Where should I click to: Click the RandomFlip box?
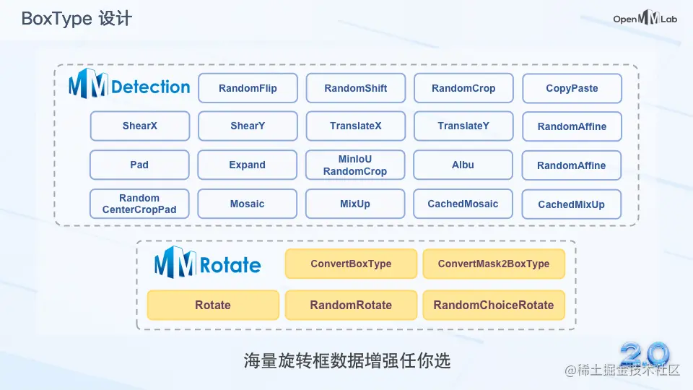pyautogui.click(x=248, y=88)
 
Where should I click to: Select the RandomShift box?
pyautogui.click(x=355, y=88)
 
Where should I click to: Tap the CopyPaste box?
pyautogui.click(x=572, y=89)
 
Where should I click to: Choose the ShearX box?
pyautogui.click(x=139, y=126)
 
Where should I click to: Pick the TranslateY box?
pyautogui.click(x=463, y=126)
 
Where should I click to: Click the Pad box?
pyautogui.click(x=139, y=165)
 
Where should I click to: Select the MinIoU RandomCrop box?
pyautogui.click(x=355, y=165)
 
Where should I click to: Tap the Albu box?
pyautogui.click(x=463, y=165)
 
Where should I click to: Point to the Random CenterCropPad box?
pyautogui.click(x=139, y=204)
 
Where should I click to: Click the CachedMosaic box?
pyautogui.click(x=463, y=204)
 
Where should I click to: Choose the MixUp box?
pyautogui.click(x=355, y=204)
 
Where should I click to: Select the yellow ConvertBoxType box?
pyautogui.click(x=351, y=264)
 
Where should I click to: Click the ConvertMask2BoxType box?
pyautogui.click(x=494, y=264)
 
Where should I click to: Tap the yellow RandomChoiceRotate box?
pyautogui.click(x=494, y=305)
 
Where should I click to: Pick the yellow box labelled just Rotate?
pyautogui.click(x=213, y=305)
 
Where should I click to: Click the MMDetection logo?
pyautogui.click(x=130, y=87)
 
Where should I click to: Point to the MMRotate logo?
pyautogui.click(x=208, y=263)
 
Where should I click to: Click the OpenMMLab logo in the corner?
pyautogui.click(x=645, y=19)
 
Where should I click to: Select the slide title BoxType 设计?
pyautogui.click(x=77, y=19)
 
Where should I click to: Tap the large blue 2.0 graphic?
pyautogui.click(x=644, y=353)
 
